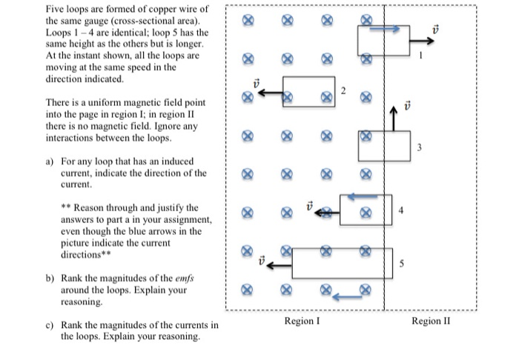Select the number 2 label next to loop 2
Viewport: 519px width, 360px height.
pos(343,90)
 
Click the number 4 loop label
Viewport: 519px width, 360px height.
pos(401,209)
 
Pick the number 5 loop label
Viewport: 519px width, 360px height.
pos(401,264)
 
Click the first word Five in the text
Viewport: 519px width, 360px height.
pos(56,9)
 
